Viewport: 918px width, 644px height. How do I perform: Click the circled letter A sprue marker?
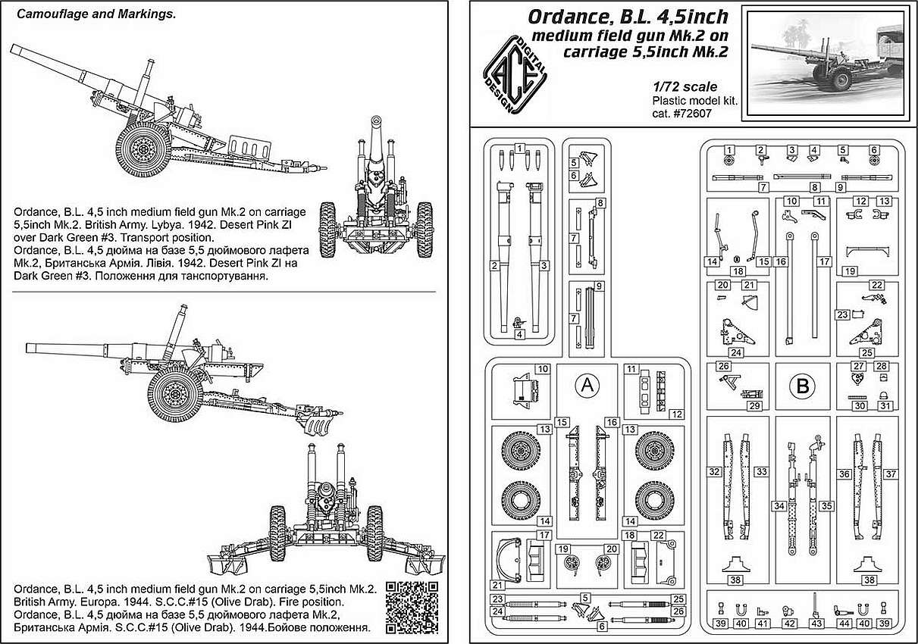(585, 387)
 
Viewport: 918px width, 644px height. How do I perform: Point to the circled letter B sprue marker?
(802, 387)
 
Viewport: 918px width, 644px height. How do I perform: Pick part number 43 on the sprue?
(816, 624)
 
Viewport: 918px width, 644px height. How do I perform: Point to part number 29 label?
(754, 406)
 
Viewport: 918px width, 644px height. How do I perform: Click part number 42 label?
(789, 624)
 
